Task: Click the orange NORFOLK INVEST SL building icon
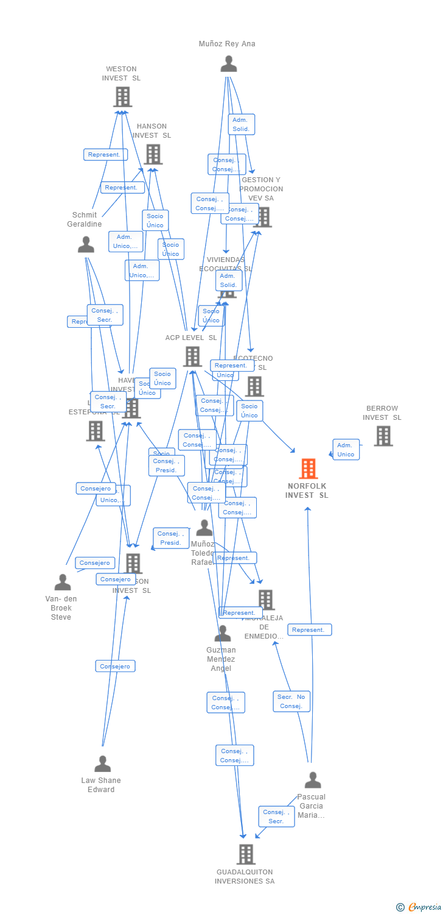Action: coord(309,469)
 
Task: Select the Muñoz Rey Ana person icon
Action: coord(229,63)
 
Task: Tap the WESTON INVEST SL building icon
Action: coord(122,96)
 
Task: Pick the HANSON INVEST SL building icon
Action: coord(153,154)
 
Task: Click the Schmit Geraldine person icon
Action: coord(86,244)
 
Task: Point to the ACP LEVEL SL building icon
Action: coord(192,356)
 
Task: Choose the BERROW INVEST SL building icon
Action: coord(383,436)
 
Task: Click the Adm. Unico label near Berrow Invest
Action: coord(346,450)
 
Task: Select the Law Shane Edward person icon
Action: coord(103,763)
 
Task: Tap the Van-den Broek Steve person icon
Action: coord(63,582)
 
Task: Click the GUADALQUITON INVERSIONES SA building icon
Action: coord(246,854)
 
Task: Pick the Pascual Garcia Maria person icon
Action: coord(313,780)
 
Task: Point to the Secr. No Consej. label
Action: coord(291,701)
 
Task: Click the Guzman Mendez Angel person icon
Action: coord(223,634)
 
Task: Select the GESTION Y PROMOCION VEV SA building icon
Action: coord(263,217)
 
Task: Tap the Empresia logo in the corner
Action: coord(419,907)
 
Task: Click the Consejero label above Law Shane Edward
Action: coord(115,666)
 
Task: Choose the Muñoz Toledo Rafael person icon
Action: coord(204,528)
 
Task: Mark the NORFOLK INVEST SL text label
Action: coord(307,491)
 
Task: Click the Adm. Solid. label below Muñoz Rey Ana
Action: coord(241,124)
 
